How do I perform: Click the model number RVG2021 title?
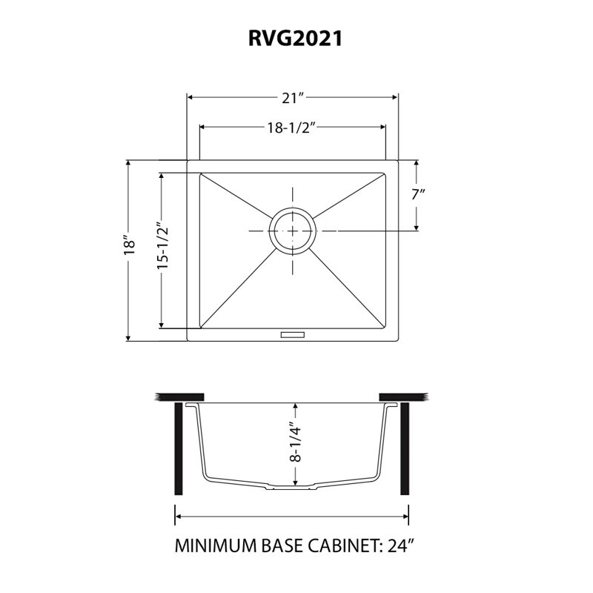coord(295,39)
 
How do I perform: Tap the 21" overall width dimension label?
coord(292,99)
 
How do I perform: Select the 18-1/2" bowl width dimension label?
coord(291,128)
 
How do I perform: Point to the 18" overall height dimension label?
coord(129,247)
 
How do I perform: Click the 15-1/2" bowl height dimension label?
coord(162,248)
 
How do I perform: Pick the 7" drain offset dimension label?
coord(418,194)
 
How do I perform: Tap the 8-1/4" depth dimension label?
coord(295,442)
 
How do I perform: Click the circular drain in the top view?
coord(292,231)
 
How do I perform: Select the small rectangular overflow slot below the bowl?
coord(292,335)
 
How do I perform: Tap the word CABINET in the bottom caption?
coord(345,546)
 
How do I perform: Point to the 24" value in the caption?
coord(401,546)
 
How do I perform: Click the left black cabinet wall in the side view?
coord(179,448)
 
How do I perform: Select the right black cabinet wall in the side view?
coord(405,448)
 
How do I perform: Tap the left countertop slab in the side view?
coord(179,397)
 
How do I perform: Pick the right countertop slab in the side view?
coord(403,397)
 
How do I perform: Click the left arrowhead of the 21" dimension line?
coord(191,98)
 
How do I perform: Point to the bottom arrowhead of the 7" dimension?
coord(416,227)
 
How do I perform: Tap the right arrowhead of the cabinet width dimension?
coord(405,517)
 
